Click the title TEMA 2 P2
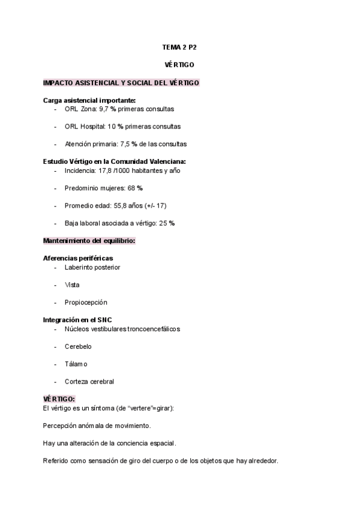179,46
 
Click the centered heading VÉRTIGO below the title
179,64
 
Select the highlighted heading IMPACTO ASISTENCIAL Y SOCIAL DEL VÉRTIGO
121,82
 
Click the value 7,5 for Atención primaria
125,144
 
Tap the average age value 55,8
122,205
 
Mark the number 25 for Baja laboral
163,223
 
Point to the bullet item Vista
72,285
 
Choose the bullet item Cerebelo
78,346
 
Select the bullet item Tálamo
76,364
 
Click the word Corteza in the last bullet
76,381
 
